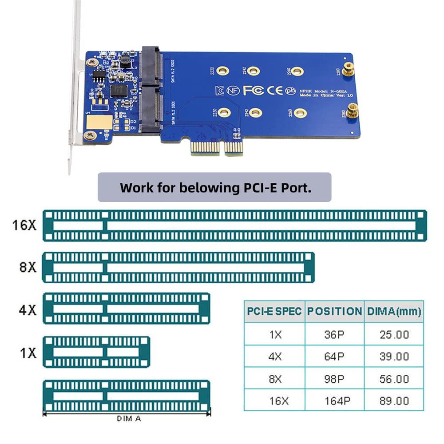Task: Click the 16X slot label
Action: coord(24,225)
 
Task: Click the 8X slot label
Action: coord(28,267)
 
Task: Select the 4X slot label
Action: coord(28,309)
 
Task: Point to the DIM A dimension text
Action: coord(129,418)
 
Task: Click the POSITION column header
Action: coord(334,311)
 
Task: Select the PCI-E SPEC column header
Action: coord(274,311)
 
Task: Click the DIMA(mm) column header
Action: coord(394,311)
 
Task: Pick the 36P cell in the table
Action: coord(334,334)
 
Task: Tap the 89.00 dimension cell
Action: coord(394,401)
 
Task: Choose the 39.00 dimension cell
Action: coord(394,357)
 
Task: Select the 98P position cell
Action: coord(334,379)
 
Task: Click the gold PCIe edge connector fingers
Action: coord(215,149)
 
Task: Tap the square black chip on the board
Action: coord(119,91)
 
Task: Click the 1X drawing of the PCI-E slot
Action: coord(96,352)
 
